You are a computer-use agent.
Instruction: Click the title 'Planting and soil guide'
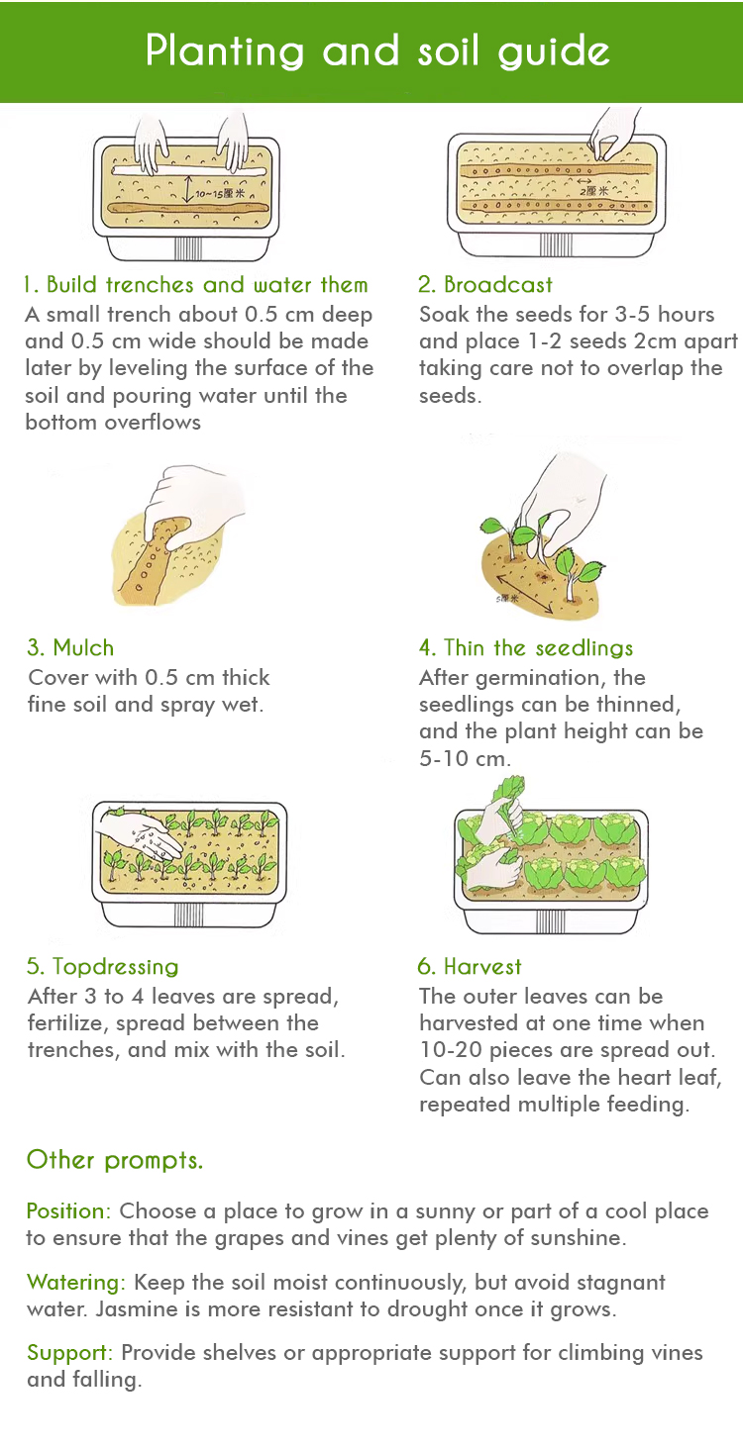377,51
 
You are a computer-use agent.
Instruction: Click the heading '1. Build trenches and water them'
196,285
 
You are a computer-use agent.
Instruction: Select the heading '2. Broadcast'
485,285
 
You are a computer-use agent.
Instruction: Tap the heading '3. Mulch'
70,647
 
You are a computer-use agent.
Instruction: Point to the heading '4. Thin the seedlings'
525,648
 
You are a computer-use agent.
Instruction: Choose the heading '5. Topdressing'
103,966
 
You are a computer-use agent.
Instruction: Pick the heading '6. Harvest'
470,966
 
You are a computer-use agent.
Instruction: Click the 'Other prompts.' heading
115,1160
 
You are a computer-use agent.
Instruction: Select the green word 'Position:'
69,1210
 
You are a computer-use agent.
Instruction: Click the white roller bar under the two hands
189,171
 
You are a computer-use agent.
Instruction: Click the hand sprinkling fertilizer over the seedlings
143,834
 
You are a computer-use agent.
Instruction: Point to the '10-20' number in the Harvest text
451,1050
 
